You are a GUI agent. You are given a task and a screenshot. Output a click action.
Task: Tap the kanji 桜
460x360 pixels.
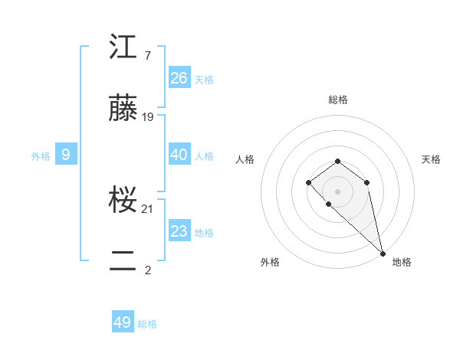[124, 201]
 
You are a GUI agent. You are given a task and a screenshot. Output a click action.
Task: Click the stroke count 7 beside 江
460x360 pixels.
[147, 56]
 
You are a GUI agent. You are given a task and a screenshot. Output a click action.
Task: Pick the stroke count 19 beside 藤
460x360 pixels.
[148, 117]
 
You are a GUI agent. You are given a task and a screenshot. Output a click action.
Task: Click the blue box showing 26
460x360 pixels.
[179, 78]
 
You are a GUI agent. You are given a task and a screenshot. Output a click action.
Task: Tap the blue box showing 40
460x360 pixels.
[179, 155]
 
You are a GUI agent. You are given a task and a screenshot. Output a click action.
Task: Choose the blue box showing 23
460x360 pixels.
[179, 231]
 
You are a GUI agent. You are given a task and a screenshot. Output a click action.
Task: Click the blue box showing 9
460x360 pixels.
[66, 155]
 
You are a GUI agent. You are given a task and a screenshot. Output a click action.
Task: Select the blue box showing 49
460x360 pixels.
[123, 322]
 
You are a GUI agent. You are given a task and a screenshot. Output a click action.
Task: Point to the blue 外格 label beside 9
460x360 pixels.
[41, 156]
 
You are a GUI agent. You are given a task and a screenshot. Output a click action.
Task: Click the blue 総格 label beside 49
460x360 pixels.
[147, 324]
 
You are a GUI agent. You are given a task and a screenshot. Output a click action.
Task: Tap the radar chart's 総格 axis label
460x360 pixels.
[338, 100]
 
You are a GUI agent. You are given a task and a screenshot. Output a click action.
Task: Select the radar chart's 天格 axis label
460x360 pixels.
[431, 159]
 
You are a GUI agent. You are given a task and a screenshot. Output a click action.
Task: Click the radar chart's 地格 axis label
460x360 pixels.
[402, 262]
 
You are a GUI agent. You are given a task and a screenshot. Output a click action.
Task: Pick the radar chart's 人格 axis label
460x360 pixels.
[245, 159]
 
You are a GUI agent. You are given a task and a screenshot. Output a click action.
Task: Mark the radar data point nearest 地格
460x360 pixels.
[383, 253]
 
